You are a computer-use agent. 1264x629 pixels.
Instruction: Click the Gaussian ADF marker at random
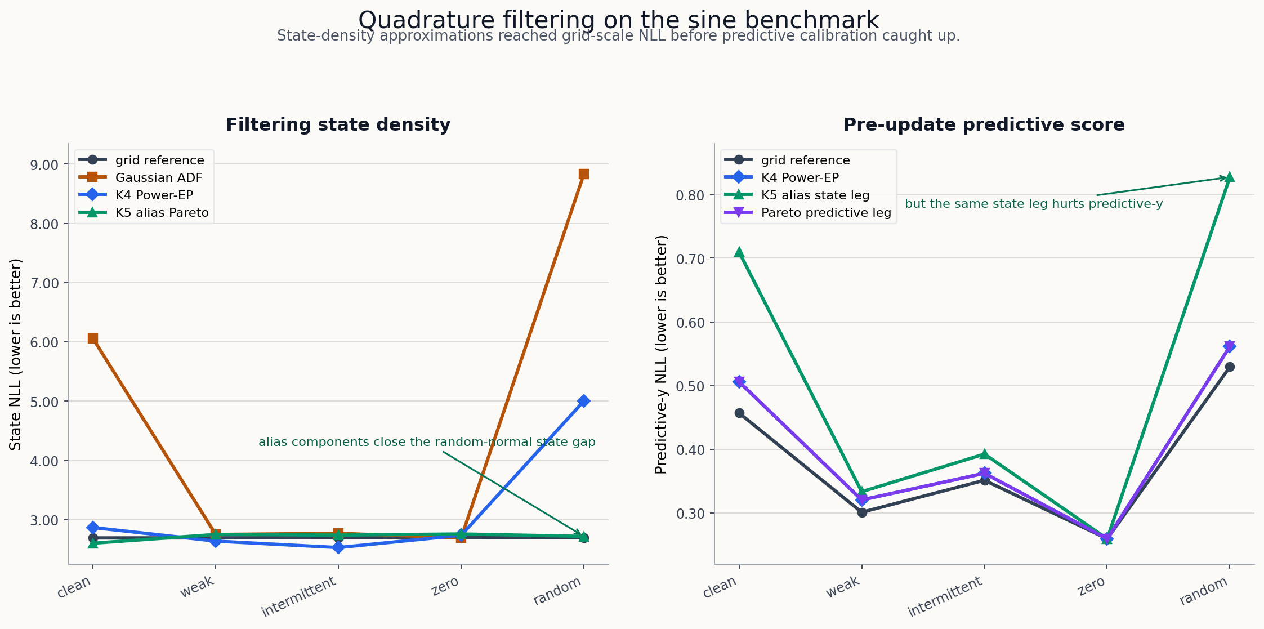[x=583, y=174]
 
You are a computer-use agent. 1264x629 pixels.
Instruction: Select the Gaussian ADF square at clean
[x=93, y=338]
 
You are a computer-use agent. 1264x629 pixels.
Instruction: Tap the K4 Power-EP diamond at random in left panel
[x=583, y=401]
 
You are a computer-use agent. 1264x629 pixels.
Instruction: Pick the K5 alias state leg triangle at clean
[x=739, y=252]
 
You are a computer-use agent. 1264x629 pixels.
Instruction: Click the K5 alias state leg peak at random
[x=1230, y=177]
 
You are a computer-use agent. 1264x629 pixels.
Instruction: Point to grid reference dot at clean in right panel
[x=739, y=413]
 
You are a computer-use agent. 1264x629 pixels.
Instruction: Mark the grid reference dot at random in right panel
[x=1230, y=367]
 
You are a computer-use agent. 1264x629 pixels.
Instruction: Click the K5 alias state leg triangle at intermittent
[x=984, y=454]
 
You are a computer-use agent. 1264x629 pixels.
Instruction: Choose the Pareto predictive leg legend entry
[x=825, y=213]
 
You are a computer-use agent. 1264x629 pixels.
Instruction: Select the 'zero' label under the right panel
[x=1091, y=588]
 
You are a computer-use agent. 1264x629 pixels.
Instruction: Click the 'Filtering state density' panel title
[x=338, y=124]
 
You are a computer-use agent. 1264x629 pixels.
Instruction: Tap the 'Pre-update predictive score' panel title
[x=984, y=124]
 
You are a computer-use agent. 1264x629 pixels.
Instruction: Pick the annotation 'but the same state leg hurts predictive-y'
[x=1033, y=204]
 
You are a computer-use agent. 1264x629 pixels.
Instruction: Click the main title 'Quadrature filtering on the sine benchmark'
[x=618, y=20]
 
